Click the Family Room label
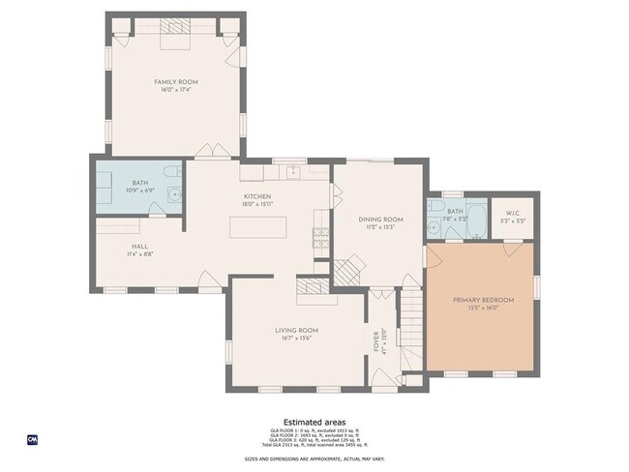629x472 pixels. pos(175,82)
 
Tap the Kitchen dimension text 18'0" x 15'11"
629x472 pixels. pos(256,204)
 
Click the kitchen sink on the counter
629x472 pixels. pos(290,172)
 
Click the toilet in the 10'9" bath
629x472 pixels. pos(170,173)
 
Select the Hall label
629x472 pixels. pos(139,247)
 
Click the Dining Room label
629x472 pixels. pos(380,220)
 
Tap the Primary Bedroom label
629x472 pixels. pos(483,300)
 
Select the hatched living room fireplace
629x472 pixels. pos(312,285)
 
